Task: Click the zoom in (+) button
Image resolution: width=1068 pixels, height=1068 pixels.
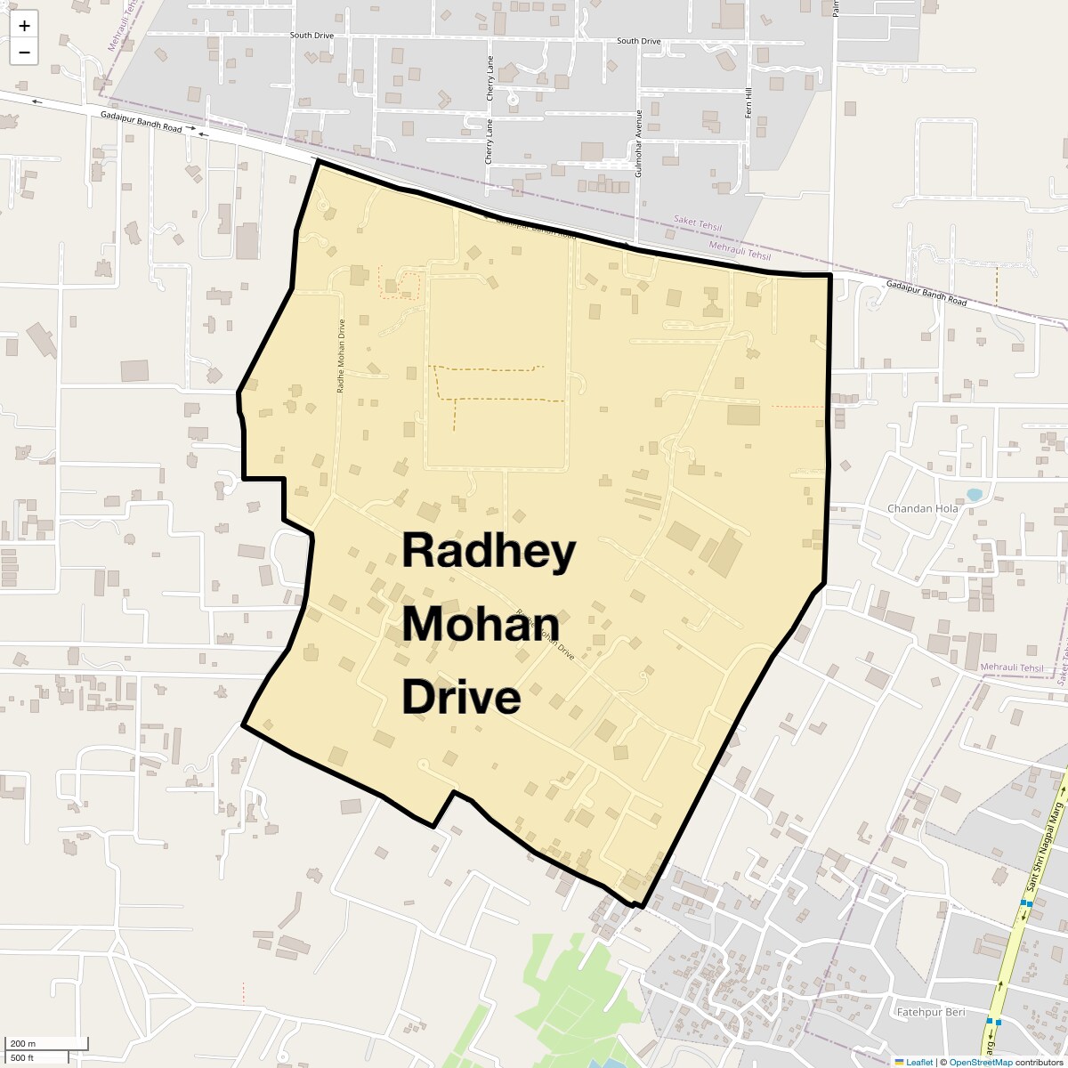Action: (24, 26)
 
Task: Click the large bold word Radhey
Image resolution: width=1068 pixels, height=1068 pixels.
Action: (489, 552)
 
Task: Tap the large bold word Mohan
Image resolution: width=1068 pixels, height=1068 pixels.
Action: (481, 625)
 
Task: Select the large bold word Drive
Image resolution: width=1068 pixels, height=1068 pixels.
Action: (461, 698)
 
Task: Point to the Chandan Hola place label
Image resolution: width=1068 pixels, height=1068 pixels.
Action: (922, 509)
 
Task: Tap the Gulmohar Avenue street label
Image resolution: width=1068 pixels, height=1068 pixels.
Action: (638, 143)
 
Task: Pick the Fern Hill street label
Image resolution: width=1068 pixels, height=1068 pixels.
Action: (748, 104)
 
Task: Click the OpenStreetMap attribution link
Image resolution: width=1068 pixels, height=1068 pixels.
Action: (981, 1062)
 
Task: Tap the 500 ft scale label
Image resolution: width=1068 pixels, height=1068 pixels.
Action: (22, 1057)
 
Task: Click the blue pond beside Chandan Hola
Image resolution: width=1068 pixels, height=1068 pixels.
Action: (974, 494)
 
